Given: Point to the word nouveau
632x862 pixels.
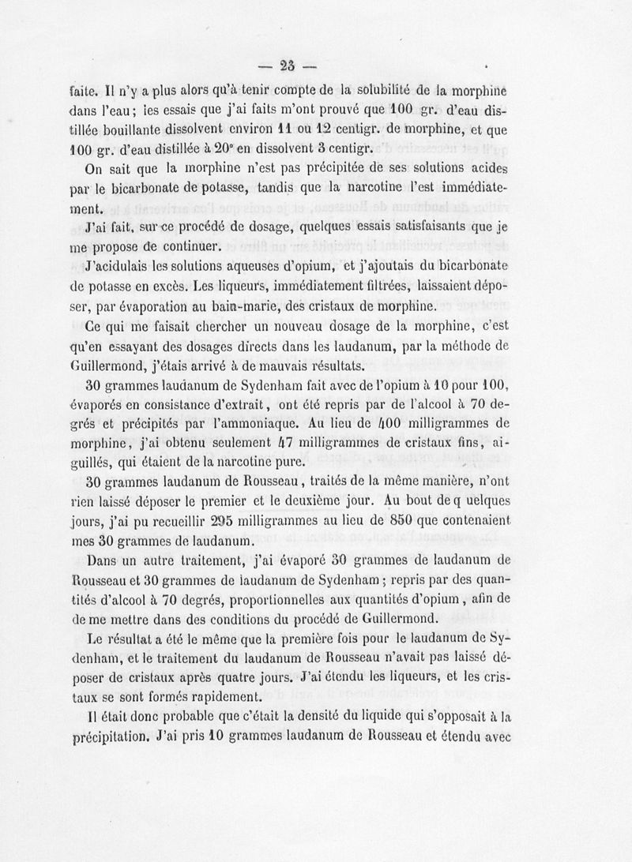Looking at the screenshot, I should tap(298, 328).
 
